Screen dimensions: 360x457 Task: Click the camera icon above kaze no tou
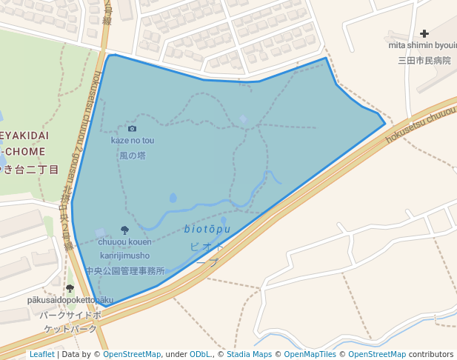(x=132, y=128)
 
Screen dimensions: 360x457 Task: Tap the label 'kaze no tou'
(x=133, y=140)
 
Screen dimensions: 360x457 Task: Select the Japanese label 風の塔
(x=133, y=156)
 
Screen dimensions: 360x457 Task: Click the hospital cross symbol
(x=424, y=33)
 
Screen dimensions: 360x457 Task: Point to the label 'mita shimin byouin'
(x=422, y=45)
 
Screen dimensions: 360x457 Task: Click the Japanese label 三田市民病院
(x=424, y=61)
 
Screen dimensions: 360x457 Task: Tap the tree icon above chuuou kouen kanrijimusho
(x=124, y=230)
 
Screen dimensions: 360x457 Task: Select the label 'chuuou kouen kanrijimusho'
(x=124, y=248)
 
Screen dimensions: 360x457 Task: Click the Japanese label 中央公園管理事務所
(x=124, y=271)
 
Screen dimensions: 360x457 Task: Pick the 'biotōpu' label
(x=207, y=230)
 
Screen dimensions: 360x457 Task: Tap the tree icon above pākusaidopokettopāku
(x=70, y=288)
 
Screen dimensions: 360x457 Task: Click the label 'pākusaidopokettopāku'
(x=70, y=300)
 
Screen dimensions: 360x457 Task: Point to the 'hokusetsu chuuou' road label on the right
(x=419, y=124)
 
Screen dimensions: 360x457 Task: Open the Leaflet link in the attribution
(x=41, y=354)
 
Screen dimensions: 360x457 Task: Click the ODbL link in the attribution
(x=200, y=354)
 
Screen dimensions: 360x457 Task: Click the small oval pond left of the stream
(x=173, y=198)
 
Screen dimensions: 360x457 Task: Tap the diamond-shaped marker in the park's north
(x=243, y=119)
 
